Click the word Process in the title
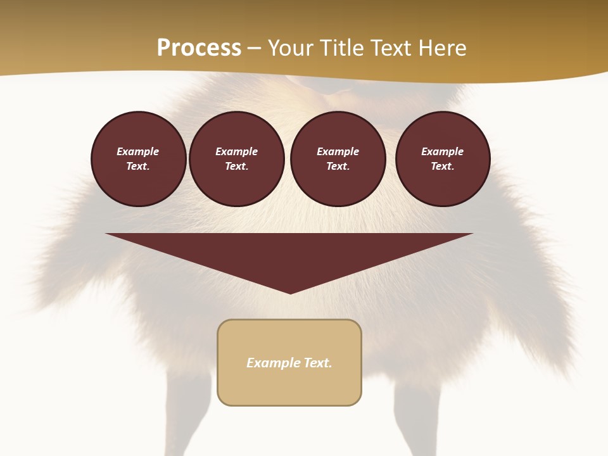(x=199, y=48)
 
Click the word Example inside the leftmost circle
(x=138, y=151)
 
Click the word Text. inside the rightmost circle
(x=442, y=166)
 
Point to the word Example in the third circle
(x=338, y=151)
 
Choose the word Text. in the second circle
(x=236, y=166)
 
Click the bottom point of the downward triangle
(x=290, y=292)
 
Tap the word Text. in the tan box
(x=319, y=363)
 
